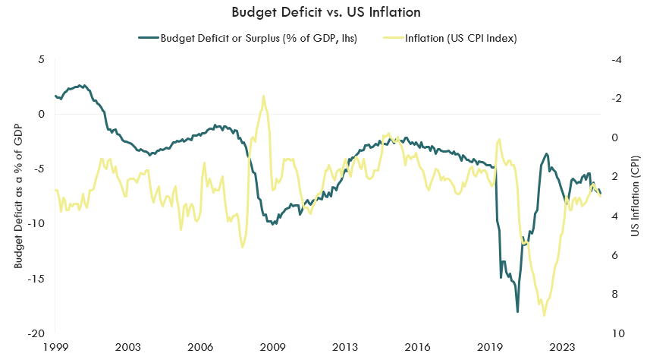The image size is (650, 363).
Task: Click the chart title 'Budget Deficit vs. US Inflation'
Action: point(325,12)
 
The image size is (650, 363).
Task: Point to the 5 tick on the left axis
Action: point(42,60)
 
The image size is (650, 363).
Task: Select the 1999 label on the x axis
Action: point(55,347)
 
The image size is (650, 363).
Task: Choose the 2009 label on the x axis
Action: point(273,347)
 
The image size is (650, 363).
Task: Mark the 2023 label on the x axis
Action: point(563,347)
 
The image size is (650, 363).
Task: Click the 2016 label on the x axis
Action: point(417,347)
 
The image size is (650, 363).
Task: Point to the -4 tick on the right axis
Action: point(616,60)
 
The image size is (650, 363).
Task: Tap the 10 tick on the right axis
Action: point(616,333)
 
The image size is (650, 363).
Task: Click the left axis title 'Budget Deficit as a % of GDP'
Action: point(18,196)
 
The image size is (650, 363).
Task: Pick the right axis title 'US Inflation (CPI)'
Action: point(636,196)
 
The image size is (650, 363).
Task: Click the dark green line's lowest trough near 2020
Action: point(518,311)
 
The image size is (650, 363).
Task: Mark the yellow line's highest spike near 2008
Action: point(263,96)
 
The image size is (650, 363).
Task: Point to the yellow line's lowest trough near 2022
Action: point(544,315)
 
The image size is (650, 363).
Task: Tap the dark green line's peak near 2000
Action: point(82,85)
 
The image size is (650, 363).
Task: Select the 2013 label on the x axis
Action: point(345,347)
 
